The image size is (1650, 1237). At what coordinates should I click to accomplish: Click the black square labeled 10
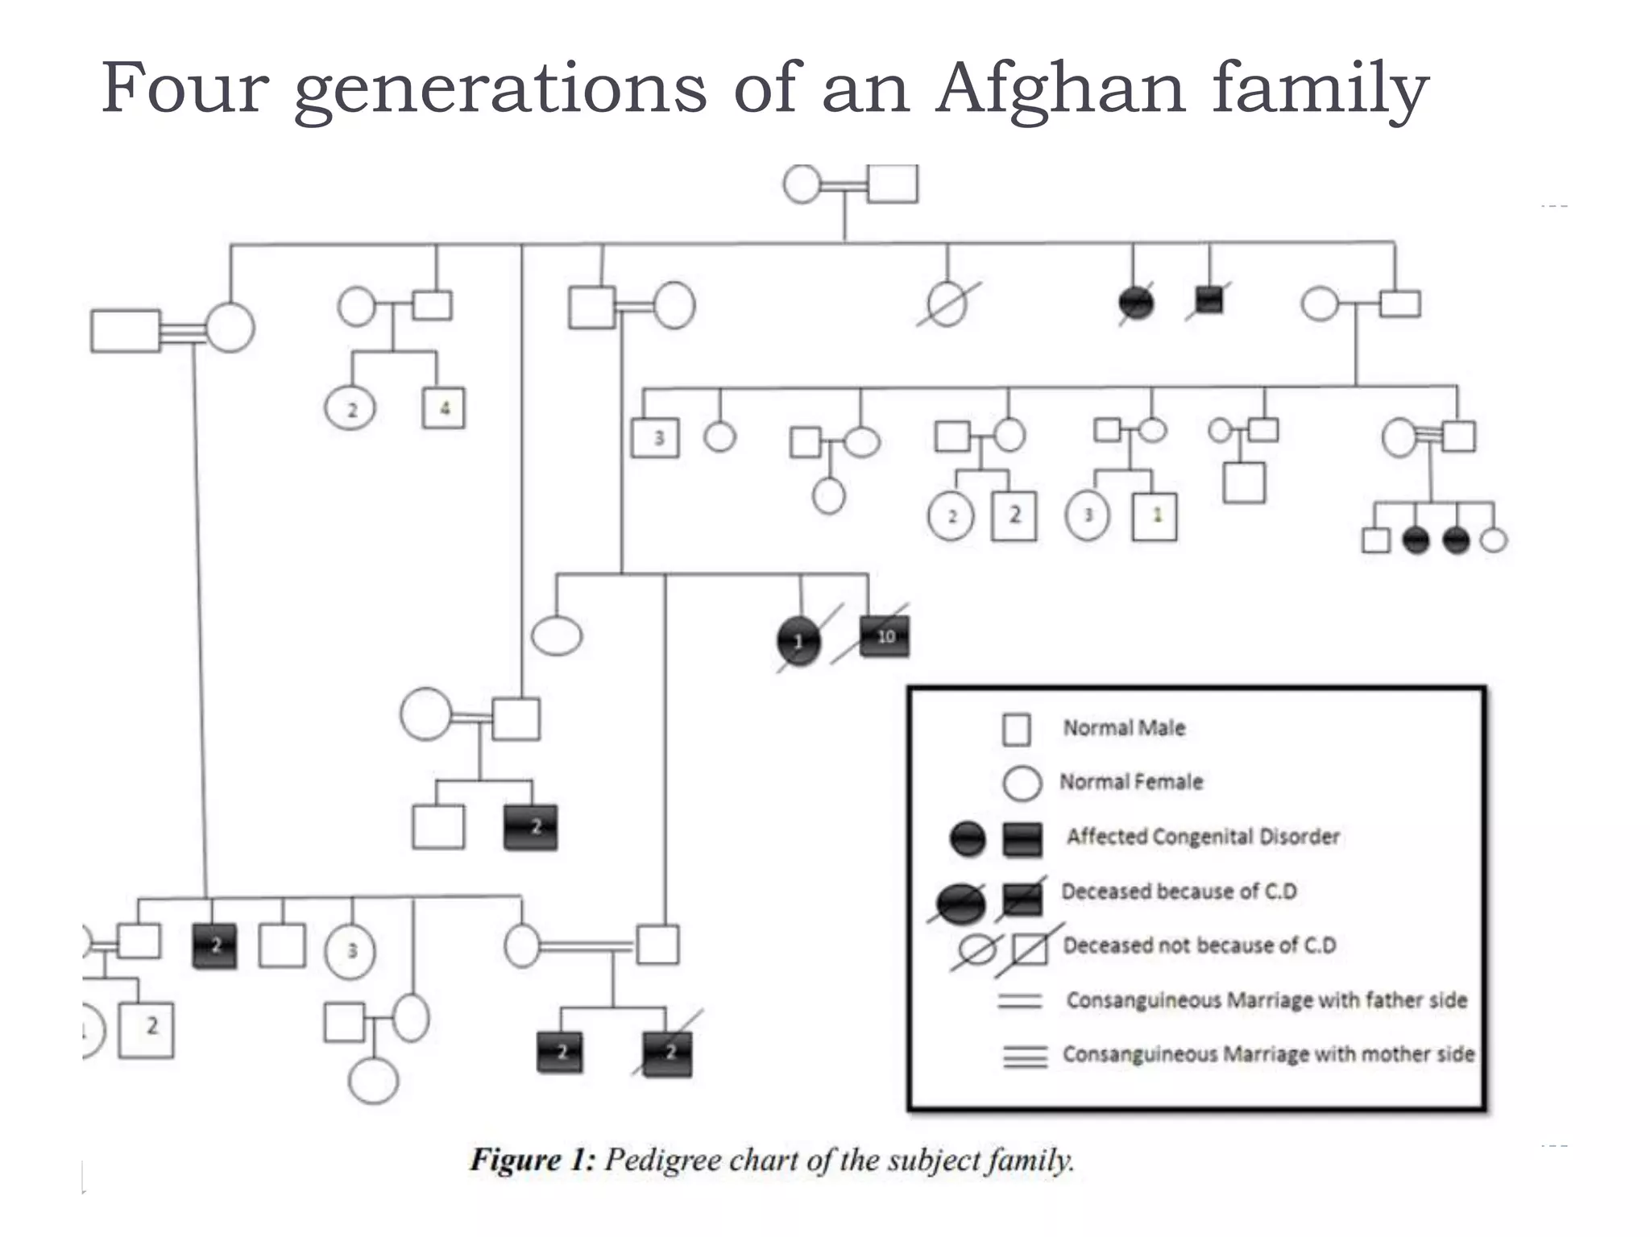885,636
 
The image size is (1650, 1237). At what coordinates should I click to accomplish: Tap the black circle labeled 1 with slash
798,641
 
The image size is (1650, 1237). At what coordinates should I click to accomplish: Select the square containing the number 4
444,408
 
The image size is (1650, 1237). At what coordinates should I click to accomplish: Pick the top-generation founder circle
802,184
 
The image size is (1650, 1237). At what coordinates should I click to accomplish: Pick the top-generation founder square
893,184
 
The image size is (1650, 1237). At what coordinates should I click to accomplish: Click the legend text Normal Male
1124,728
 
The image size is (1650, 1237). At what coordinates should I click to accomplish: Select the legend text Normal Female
1130,781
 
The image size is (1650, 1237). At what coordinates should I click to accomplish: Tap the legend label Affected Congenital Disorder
1203,837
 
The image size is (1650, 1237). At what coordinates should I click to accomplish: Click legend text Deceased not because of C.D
1199,945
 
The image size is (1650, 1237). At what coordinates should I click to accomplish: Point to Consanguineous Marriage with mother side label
1268,1054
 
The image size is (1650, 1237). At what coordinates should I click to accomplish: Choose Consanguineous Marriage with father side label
1267,1000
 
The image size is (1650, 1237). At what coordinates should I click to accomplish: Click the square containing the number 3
655,438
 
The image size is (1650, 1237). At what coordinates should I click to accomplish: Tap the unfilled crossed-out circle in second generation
947,304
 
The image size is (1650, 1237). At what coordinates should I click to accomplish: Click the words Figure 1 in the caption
532,1160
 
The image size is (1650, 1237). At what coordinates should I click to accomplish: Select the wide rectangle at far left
126,331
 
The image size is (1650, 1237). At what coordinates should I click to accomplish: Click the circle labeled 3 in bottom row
350,951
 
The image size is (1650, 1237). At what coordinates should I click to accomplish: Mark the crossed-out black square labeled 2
668,1053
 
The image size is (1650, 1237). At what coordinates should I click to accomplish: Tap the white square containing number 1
1155,516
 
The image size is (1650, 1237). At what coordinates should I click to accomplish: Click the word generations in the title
500,89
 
